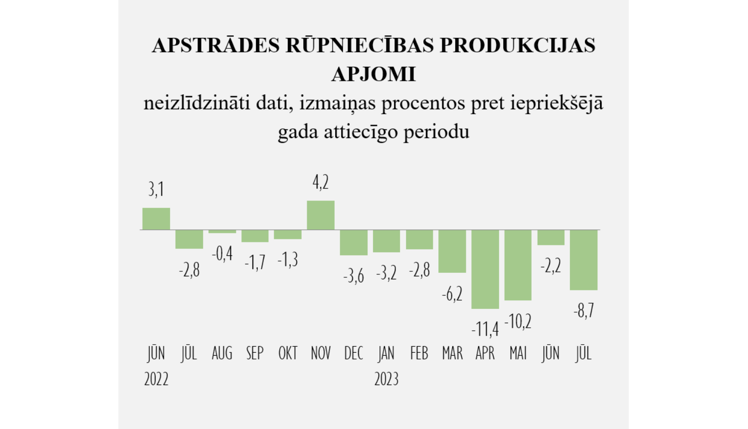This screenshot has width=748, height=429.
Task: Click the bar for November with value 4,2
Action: [321, 215]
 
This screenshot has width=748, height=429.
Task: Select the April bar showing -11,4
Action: [485, 269]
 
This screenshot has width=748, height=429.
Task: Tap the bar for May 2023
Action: [518, 265]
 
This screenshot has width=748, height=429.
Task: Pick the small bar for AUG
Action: [222, 231]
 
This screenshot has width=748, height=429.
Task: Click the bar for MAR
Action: [452, 251]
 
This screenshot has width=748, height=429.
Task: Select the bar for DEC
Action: [354, 242]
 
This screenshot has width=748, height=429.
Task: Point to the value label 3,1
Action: [156, 190]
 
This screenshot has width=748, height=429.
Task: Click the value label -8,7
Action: [583, 311]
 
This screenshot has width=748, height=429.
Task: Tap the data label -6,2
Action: [452, 294]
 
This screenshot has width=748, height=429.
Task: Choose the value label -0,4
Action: [222, 254]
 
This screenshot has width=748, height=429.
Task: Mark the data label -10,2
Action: [518, 322]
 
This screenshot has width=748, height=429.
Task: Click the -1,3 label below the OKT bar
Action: [288, 260]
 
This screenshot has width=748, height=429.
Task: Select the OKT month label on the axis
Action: [288, 353]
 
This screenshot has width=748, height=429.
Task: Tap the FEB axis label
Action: [419, 353]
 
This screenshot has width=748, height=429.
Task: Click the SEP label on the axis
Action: [255, 353]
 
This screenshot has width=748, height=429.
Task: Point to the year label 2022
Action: [156, 379]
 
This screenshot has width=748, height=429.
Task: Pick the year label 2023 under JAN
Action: [386, 379]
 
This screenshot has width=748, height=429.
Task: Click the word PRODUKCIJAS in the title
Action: [517, 45]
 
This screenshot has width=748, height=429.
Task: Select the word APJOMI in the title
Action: [374, 74]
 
